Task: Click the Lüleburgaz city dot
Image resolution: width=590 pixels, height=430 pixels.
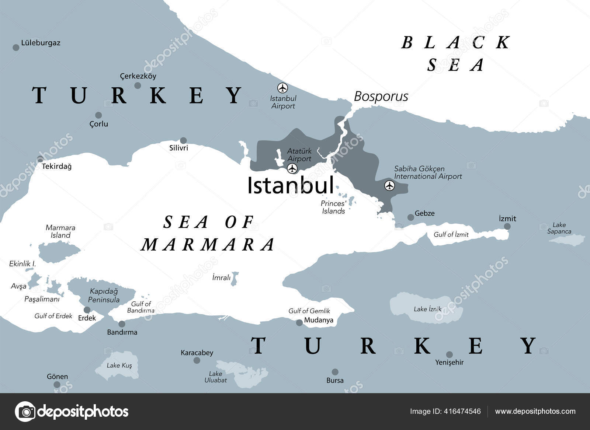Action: click(x=16, y=48)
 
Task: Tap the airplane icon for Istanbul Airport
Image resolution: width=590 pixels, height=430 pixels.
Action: click(x=282, y=88)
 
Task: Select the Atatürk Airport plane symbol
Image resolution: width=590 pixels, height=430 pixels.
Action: click(x=292, y=169)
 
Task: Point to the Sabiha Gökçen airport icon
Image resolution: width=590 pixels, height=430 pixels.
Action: click(x=389, y=186)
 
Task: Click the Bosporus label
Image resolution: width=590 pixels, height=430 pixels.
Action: click(x=381, y=97)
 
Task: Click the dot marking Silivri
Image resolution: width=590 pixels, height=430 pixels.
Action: click(x=183, y=140)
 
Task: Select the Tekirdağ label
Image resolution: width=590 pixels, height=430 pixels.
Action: click(x=56, y=167)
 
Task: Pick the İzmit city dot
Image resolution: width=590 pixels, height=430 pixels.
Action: click(x=507, y=227)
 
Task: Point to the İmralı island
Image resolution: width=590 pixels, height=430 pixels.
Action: click(x=235, y=279)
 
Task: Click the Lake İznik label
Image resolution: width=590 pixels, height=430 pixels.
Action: click(x=427, y=309)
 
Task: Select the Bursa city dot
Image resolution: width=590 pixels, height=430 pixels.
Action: click(x=335, y=372)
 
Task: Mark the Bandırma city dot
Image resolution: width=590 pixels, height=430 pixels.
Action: click(x=122, y=324)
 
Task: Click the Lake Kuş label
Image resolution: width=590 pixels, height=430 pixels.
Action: click(x=119, y=366)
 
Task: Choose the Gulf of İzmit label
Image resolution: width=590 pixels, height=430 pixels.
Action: click(x=451, y=234)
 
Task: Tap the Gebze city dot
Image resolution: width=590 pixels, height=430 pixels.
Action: click(x=410, y=217)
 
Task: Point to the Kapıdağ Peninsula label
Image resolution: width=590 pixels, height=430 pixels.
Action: click(x=104, y=296)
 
